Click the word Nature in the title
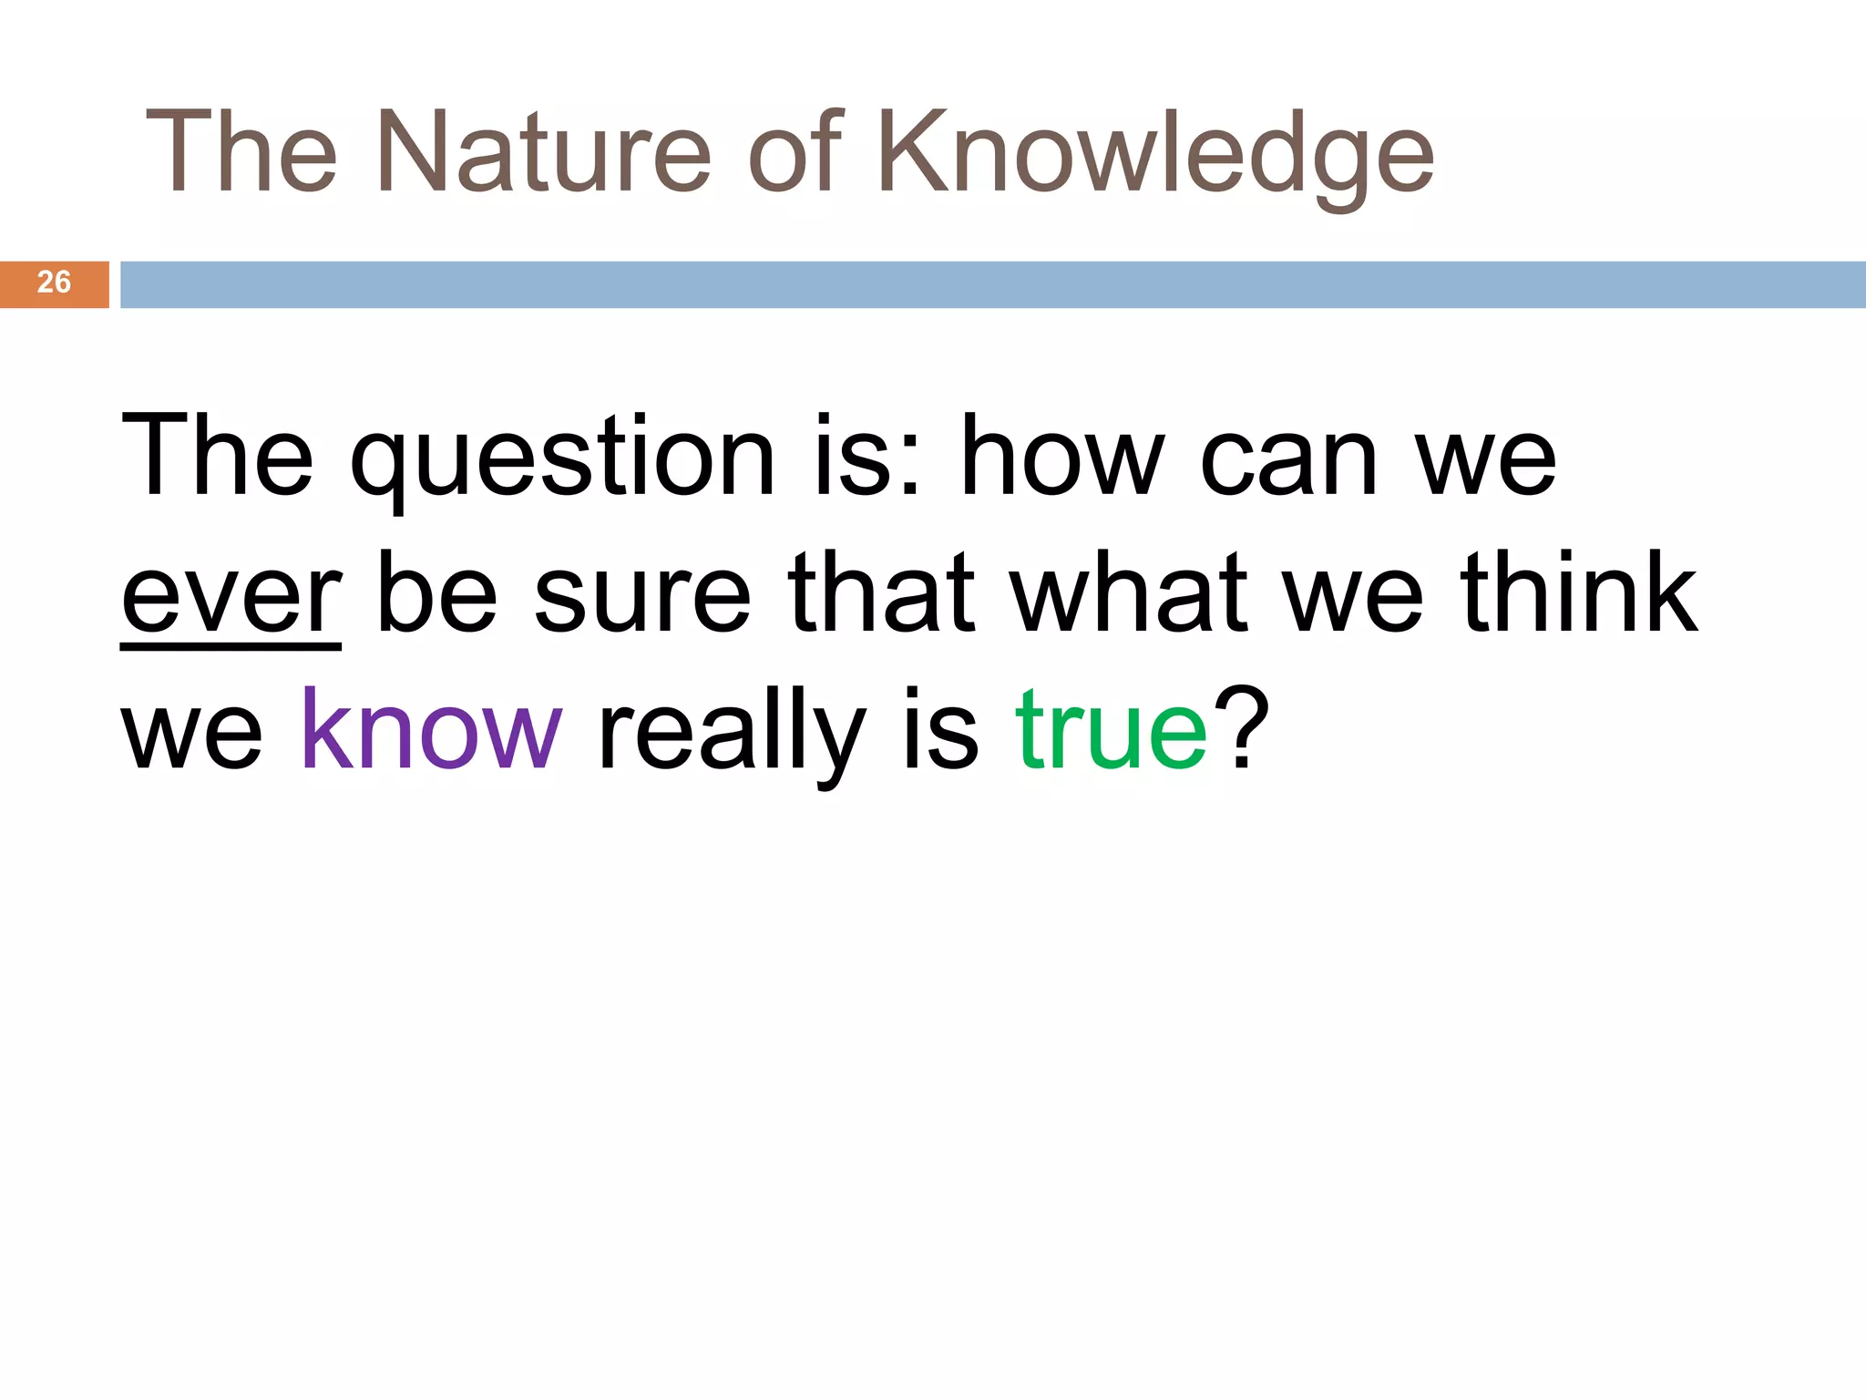pos(543,151)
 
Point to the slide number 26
pos(54,283)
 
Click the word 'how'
pos(1062,456)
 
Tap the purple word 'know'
pos(431,729)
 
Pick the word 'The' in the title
pos(241,151)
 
